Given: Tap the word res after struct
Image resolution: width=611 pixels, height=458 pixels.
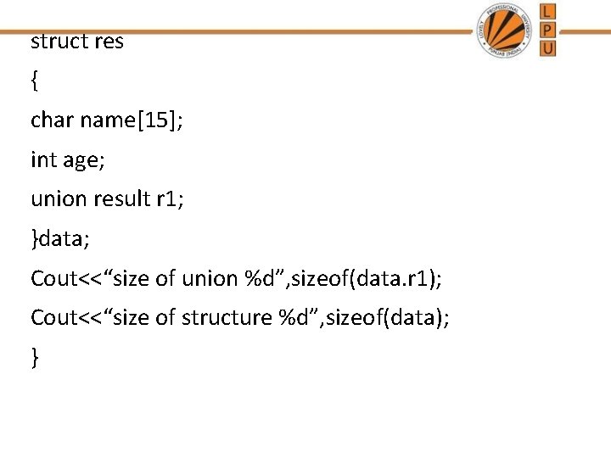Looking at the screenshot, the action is [x=108, y=42].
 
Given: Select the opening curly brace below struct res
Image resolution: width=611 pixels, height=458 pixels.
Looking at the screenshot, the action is [x=34, y=81].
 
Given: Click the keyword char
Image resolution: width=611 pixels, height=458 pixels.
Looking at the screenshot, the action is [x=52, y=120].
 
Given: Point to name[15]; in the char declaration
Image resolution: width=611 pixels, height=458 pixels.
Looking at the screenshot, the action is [x=132, y=121].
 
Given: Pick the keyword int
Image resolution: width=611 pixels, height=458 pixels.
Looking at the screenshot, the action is [x=42, y=159].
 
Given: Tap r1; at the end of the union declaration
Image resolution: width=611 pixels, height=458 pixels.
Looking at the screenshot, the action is [x=170, y=198].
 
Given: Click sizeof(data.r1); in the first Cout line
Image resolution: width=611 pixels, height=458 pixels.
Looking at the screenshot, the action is [x=371, y=278].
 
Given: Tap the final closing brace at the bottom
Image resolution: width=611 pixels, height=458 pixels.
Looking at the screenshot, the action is [x=34, y=358].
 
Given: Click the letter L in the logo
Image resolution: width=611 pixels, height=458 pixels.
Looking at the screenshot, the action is [x=548, y=11].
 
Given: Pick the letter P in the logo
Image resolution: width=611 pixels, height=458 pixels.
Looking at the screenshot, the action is [x=548, y=30].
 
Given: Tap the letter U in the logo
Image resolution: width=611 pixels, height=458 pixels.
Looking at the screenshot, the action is [x=548, y=47].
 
